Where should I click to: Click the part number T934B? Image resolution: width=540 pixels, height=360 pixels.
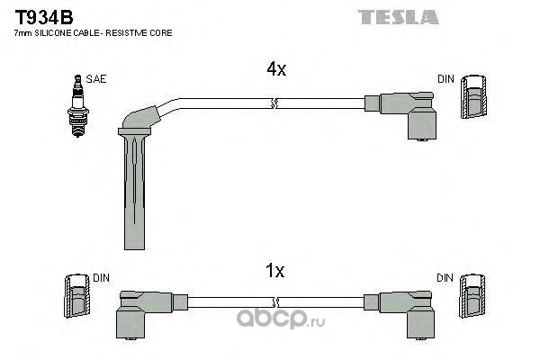click(44, 18)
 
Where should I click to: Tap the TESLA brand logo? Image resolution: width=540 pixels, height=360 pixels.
click(398, 17)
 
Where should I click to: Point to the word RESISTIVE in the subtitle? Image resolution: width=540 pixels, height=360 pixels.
click(127, 33)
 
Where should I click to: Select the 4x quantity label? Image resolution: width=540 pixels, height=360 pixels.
click(276, 69)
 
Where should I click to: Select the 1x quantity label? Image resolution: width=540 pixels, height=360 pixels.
click(274, 270)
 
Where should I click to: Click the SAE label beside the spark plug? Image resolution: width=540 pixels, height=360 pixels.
click(96, 79)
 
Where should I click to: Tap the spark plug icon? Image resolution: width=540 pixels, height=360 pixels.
click(77, 106)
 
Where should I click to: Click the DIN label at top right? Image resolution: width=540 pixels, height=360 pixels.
click(445, 79)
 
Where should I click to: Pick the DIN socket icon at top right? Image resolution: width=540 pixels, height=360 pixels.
click(474, 96)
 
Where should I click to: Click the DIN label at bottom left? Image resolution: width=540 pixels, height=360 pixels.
click(101, 278)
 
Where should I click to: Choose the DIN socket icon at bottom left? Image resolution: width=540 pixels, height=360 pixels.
click(77, 295)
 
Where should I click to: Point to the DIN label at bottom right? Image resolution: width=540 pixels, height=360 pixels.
click(445, 278)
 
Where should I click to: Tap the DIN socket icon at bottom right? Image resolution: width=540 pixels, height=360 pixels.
click(472, 295)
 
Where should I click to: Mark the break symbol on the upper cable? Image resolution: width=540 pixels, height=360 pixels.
click(274, 103)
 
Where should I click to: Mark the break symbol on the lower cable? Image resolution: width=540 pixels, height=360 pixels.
click(275, 302)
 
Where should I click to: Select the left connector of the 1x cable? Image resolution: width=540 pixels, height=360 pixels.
click(148, 313)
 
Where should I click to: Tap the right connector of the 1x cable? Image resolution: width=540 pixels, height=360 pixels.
click(400, 313)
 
